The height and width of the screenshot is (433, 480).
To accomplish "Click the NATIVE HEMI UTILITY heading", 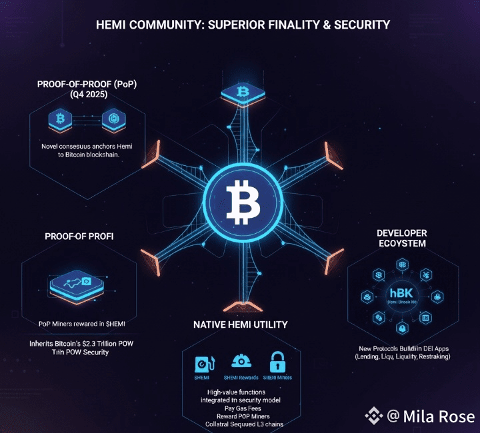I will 240,325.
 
